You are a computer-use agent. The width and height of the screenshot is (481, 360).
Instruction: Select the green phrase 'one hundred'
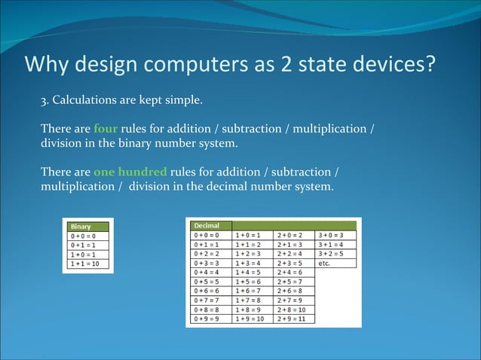click(x=125, y=171)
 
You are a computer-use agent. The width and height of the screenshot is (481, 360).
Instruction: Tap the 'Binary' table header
click(x=81, y=226)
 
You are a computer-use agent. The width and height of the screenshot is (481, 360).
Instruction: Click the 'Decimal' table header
click(x=207, y=225)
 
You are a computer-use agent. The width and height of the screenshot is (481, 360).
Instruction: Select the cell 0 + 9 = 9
click(x=208, y=319)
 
